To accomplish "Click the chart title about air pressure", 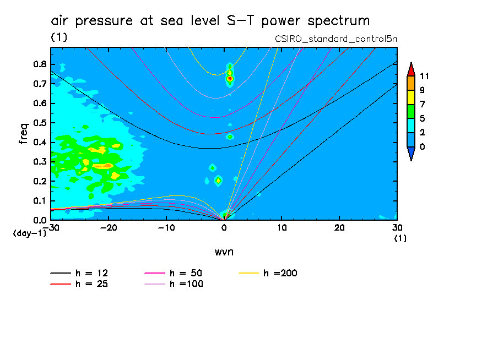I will pos(210,21).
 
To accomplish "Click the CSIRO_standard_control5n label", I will pos(336,39).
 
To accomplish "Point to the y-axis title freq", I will pos(23,133).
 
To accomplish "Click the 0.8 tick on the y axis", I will pos(40,64).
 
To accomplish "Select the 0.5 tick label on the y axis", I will pos(40,123).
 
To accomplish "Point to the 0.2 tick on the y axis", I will pos(40,181).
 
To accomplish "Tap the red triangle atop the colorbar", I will pos(410,69).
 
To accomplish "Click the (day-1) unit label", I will pos(29,233).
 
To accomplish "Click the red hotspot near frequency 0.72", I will pos(230,79).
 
